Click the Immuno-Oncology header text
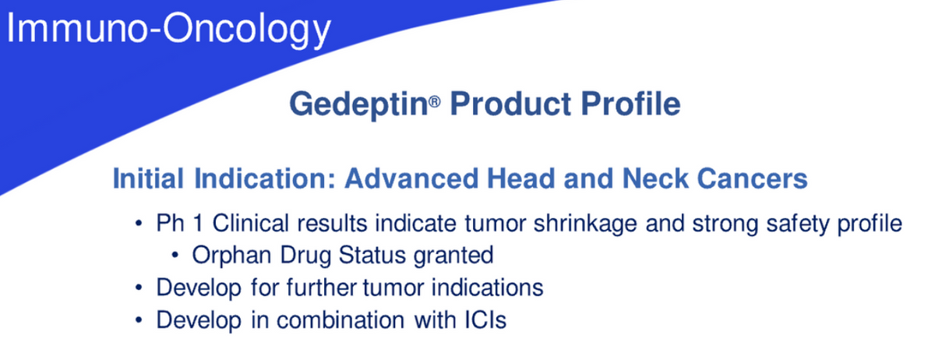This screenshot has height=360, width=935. click(168, 28)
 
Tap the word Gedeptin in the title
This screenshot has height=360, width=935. click(358, 104)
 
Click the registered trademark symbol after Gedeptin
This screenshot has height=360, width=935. click(435, 101)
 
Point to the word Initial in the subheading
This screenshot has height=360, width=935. click(148, 178)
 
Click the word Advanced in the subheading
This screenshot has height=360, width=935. click(411, 178)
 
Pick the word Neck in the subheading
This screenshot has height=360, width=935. click(655, 178)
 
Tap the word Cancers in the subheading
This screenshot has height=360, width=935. click(752, 178)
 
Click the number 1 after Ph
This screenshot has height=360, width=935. click(198, 223)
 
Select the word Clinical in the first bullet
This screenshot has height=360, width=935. click(250, 223)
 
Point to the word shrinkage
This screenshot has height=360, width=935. click(585, 224)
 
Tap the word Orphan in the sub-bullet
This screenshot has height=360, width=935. click(231, 255)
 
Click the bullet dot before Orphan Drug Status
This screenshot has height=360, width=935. click(175, 255)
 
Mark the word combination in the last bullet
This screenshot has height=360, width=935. click(340, 320)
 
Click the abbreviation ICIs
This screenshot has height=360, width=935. click(485, 320)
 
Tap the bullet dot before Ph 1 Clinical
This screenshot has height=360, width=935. click(139, 223)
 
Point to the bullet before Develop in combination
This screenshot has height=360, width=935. click(139, 320)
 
